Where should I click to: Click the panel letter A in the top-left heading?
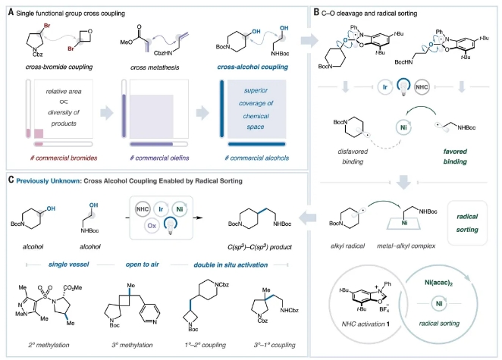(x=10, y=10)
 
